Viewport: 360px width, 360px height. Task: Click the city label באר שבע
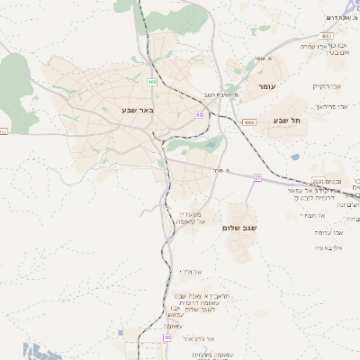138,110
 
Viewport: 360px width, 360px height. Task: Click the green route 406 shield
152,82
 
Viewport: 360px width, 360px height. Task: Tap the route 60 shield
198,114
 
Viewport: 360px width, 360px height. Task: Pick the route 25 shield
257,176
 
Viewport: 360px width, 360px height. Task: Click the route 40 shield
166,337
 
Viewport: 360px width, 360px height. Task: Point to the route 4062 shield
4,131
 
